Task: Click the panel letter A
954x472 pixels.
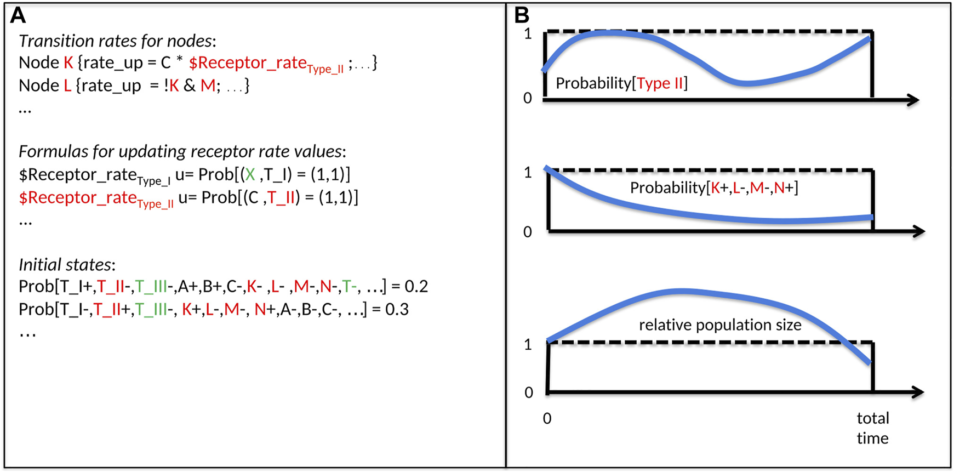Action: pos(18,15)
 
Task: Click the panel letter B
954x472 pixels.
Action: pos(522,15)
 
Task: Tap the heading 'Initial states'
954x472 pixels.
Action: pos(67,265)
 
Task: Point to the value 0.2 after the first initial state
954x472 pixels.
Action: pos(416,287)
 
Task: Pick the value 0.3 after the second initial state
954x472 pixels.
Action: pos(397,310)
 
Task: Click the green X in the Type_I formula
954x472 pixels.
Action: pos(250,175)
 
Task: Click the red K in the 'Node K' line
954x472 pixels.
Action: pos(68,63)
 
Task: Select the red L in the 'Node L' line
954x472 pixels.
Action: pos(67,86)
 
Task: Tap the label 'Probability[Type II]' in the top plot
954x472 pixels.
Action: pos(621,83)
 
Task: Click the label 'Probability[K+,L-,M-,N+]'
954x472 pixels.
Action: pos(714,188)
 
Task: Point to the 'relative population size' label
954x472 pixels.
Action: pos(720,325)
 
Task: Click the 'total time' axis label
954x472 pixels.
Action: pos(872,428)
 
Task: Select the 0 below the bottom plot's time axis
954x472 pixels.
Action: pos(547,419)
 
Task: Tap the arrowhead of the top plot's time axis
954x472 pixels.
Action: pos(913,100)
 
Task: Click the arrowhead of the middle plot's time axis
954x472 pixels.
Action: pos(919,231)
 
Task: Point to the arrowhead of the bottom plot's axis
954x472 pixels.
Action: pos(918,392)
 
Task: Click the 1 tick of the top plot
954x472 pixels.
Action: pos(528,34)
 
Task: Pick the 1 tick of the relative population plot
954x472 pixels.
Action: pos(528,344)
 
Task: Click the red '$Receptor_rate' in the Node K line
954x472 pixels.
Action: pos(248,63)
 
